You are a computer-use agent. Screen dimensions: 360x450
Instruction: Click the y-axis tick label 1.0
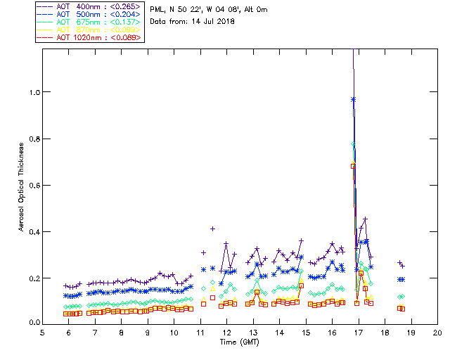(x=32, y=92)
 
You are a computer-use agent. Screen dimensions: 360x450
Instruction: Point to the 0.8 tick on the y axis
(x=32, y=139)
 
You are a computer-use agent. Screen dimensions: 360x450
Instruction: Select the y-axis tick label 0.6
(x=32, y=185)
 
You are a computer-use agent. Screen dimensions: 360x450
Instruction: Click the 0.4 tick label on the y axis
(x=32, y=231)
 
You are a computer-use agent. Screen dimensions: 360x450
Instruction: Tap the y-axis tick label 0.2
(x=32, y=278)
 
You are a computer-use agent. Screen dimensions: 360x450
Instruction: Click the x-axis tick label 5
(x=43, y=332)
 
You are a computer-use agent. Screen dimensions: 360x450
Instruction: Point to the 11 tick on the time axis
(x=200, y=332)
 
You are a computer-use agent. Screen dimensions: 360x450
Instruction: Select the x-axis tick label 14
(x=279, y=332)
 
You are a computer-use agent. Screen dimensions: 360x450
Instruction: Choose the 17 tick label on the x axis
(x=359, y=332)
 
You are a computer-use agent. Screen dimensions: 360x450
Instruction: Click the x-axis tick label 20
(x=437, y=332)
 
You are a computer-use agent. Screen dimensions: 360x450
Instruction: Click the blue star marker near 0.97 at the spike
(x=354, y=99)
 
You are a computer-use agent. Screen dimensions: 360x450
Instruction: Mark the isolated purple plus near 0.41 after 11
(x=212, y=229)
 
